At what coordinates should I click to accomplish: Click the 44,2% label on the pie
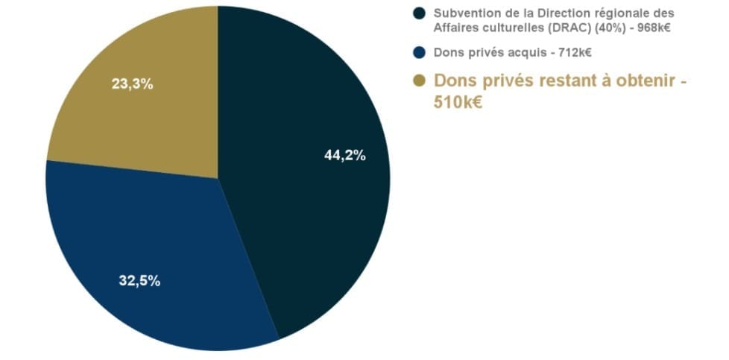pos(345,156)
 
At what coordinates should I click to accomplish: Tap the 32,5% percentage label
pos(139,281)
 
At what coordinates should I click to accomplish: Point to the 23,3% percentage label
pos(132,84)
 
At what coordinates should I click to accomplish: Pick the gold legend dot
pos(419,80)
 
